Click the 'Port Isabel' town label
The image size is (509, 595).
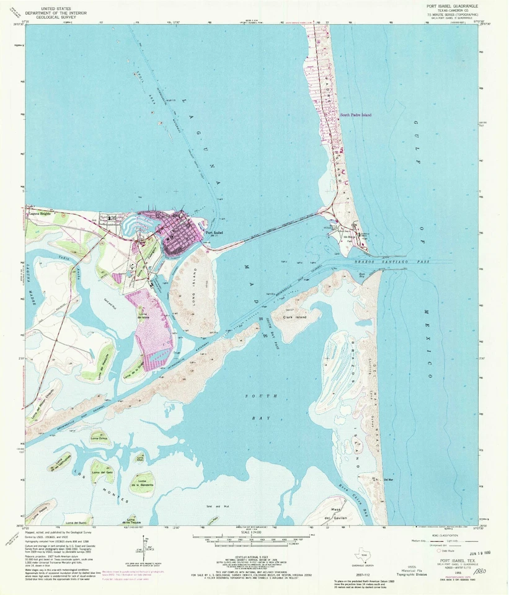click(x=214, y=233)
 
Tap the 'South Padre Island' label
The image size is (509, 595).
click(x=355, y=115)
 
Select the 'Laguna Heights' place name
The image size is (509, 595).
click(x=39, y=213)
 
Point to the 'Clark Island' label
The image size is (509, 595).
click(x=295, y=317)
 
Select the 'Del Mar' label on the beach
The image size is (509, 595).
click(x=389, y=479)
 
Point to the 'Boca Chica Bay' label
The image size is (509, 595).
click(x=352, y=496)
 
